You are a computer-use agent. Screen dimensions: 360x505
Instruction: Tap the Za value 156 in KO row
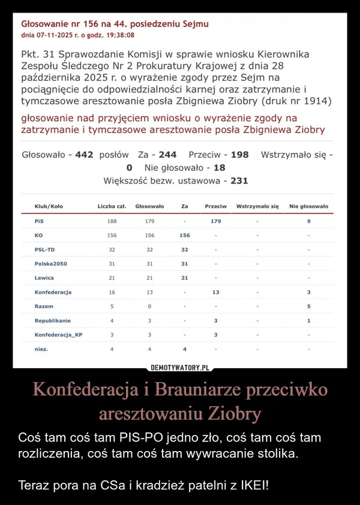coord(185,235)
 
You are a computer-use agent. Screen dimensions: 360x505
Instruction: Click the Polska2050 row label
coord(51,264)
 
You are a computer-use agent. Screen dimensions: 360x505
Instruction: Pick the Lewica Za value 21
coord(185,278)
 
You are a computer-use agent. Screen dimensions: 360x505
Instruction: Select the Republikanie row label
coord(53,320)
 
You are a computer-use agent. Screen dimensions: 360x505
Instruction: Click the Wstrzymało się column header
coord(258,206)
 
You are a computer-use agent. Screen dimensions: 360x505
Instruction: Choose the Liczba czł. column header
coord(112,206)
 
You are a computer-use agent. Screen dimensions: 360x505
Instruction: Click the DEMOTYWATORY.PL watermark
coord(180,366)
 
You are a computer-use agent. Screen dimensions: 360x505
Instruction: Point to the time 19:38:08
coord(125,35)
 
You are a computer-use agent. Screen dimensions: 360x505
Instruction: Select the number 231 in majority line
coord(239,180)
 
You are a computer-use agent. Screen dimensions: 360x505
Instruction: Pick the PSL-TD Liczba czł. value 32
coord(112,250)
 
